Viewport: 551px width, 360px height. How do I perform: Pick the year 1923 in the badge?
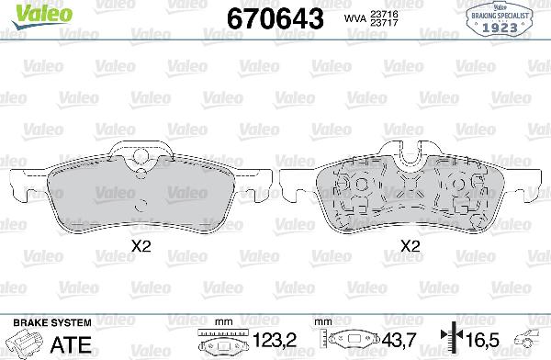click(x=502, y=28)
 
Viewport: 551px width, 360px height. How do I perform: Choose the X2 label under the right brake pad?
click(x=410, y=246)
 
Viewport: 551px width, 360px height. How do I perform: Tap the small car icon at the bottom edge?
click(x=533, y=340)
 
